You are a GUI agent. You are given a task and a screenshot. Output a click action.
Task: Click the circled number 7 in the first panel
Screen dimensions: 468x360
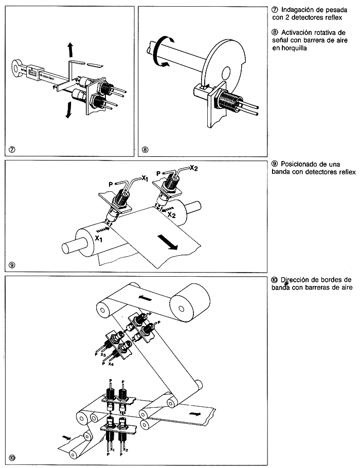[x=12, y=150]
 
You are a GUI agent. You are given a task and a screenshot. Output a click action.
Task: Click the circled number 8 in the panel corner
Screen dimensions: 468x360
[x=145, y=150]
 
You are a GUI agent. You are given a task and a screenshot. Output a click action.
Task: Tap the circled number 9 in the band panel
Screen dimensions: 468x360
[x=12, y=265]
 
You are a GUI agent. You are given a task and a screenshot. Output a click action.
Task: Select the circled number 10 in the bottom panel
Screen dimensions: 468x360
[x=12, y=456]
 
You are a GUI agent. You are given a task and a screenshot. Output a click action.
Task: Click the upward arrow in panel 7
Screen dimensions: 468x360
[x=70, y=50]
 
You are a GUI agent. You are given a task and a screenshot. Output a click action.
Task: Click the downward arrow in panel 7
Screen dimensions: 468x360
[x=67, y=110]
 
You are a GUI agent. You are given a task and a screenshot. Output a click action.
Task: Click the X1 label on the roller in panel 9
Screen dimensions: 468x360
[x=99, y=239]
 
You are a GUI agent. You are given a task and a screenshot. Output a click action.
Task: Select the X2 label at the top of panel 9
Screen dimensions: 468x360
[x=194, y=168]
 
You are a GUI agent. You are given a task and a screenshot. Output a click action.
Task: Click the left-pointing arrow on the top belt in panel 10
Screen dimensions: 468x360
[x=146, y=298]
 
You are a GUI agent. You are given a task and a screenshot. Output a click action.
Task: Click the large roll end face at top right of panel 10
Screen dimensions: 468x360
[x=183, y=309]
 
